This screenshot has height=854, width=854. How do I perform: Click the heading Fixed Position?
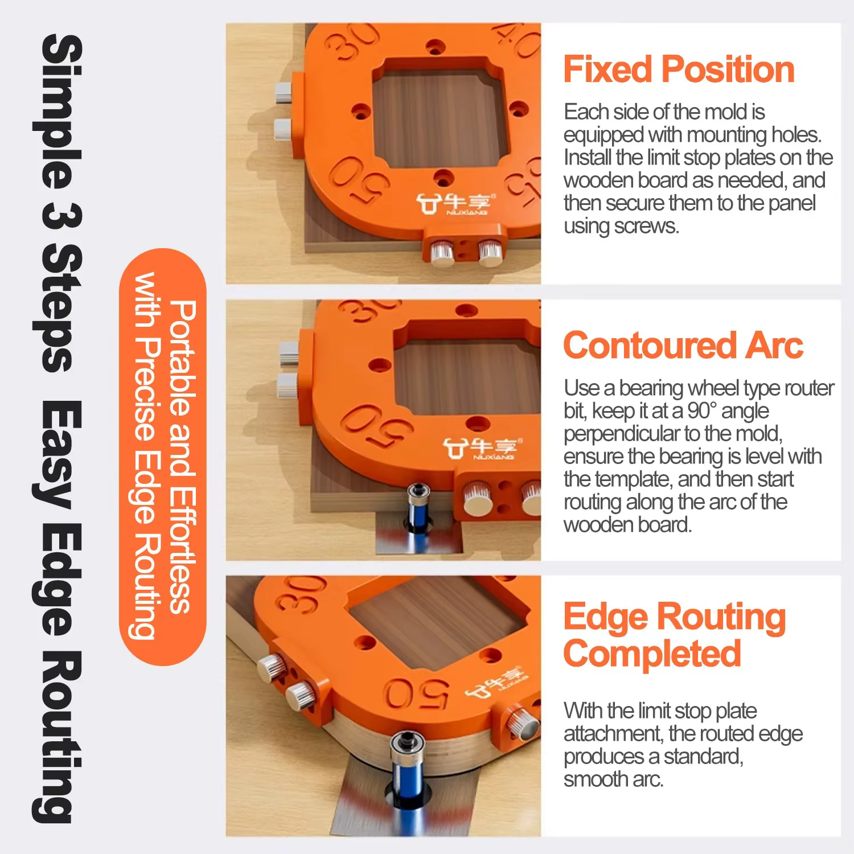pyautogui.click(x=679, y=69)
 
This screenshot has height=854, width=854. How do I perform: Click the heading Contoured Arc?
pyautogui.click(x=683, y=346)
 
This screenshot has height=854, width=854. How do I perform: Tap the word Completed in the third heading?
pyautogui.click(x=652, y=654)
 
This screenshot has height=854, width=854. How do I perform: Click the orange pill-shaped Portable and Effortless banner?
pyautogui.click(x=163, y=457)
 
